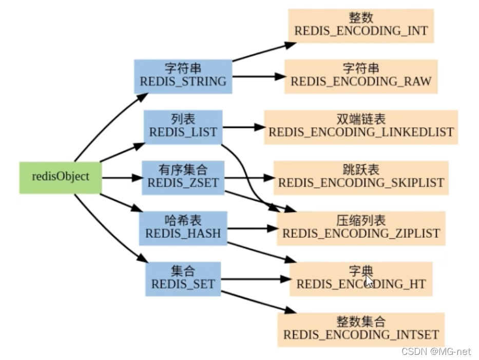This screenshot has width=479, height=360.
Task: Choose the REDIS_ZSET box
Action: click(183, 177)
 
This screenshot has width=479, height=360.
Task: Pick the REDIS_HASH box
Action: click(183, 228)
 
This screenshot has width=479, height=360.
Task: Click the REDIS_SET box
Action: click(183, 278)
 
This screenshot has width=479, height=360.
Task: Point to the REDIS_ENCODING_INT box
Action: click(360, 25)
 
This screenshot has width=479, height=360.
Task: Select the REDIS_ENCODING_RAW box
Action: click(360, 76)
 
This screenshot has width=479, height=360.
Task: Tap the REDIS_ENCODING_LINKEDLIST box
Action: click(361, 127)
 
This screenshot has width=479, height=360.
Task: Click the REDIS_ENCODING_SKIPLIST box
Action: click(360, 178)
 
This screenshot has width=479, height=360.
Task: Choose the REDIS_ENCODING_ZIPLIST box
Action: click(360, 228)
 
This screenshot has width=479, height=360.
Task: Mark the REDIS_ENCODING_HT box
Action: click(360, 278)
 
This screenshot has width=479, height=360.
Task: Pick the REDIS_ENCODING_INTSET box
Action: click(360, 329)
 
